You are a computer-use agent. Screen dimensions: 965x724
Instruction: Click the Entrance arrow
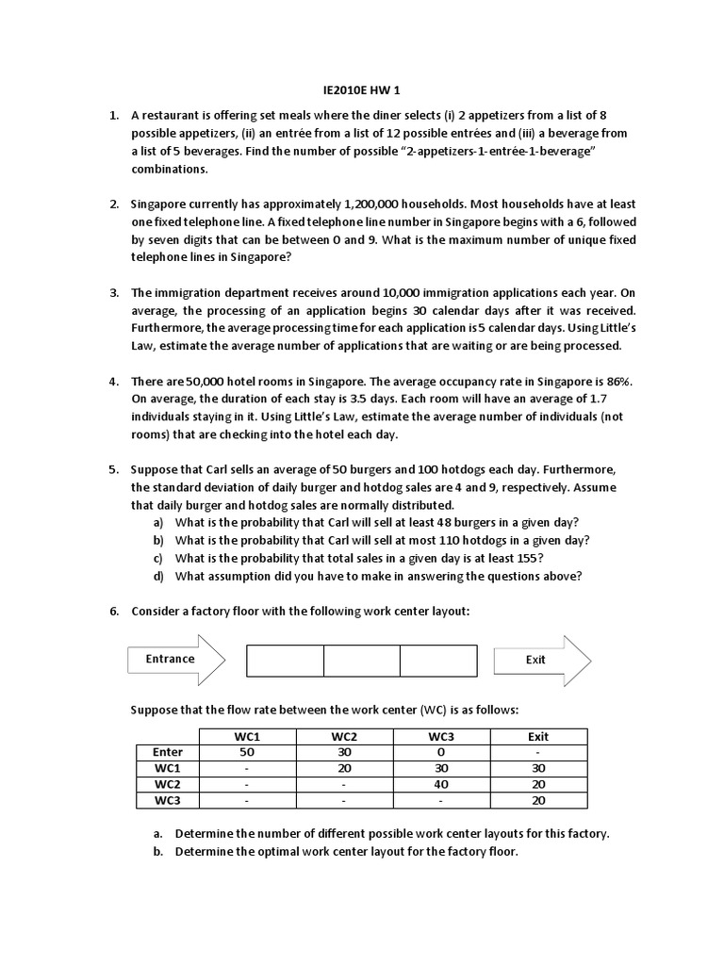coord(175,660)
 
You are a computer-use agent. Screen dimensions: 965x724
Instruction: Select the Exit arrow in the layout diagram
coord(542,660)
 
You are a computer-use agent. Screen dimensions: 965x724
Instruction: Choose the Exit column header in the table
coord(537,736)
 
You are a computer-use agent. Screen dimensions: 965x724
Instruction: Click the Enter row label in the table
coord(167,752)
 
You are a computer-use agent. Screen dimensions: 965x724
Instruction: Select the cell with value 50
coord(248,752)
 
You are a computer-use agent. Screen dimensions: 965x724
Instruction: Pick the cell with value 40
coord(440,784)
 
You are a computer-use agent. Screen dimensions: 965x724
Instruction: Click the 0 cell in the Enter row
coord(440,752)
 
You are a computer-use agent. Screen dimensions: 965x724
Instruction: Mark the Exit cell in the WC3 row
coord(537,800)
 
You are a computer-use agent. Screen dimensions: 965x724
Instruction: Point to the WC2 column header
coord(344,736)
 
